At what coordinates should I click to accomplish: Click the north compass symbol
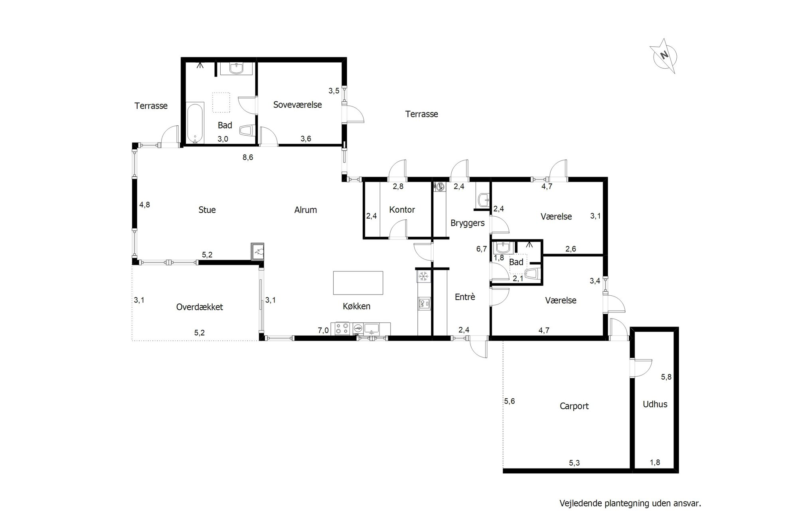coord(664,55)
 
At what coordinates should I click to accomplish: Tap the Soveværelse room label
coord(298,105)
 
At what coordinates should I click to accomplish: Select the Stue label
coord(207,210)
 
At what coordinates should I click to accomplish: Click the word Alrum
coord(306,210)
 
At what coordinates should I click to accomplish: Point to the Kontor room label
coord(402,210)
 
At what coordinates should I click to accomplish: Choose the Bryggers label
coord(468,223)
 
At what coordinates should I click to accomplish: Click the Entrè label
coord(465,297)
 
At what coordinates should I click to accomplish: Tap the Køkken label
coord(357,306)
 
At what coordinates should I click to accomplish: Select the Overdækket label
coord(199,307)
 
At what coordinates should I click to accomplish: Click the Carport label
coord(574,406)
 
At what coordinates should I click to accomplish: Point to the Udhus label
coord(655,404)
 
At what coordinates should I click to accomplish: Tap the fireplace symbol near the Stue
coord(257,251)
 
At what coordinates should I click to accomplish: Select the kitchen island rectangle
coord(358,283)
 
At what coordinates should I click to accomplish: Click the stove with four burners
coord(342,328)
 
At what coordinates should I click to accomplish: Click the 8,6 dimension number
coord(248,157)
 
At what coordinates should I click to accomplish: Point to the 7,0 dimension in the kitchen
coord(323,330)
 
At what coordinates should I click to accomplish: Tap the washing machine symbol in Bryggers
coord(440,186)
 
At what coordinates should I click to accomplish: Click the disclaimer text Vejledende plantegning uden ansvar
coord(630,504)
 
